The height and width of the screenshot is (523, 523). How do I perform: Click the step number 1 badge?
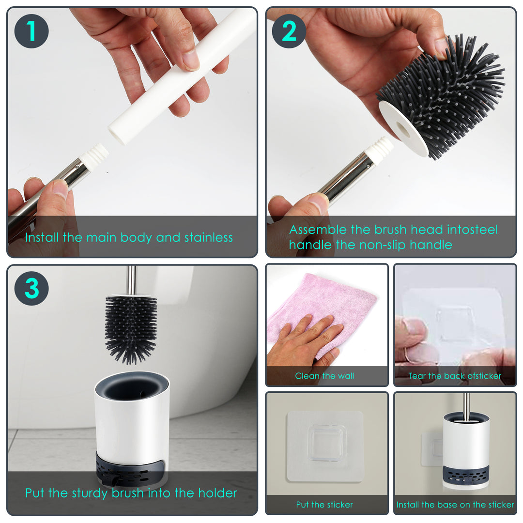(x=31, y=31)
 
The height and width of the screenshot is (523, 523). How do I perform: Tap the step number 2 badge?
(x=289, y=31)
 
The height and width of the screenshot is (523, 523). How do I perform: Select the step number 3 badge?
(x=31, y=288)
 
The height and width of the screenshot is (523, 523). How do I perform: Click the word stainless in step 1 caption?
(x=208, y=237)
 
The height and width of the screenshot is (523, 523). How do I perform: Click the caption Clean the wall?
(x=324, y=376)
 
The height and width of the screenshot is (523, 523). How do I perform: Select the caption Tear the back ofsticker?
(x=455, y=376)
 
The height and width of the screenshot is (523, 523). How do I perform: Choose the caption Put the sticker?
(x=324, y=505)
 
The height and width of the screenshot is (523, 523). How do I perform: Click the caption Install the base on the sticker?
(x=455, y=505)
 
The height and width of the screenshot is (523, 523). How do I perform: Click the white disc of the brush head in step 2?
(x=403, y=128)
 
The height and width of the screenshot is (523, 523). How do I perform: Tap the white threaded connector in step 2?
(x=379, y=150)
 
